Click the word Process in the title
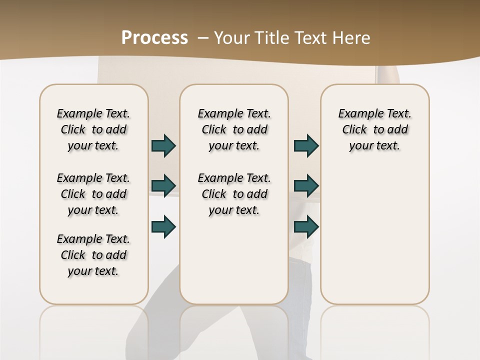click(154, 37)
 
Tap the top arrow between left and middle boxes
click(163, 146)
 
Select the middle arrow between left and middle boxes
click(163, 186)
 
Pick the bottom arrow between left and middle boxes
click(163, 226)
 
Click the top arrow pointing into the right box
click(306, 146)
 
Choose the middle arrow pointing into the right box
click(306, 186)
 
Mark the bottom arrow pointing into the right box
click(306, 226)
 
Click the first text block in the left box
click(93, 129)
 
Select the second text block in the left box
click(93, 194)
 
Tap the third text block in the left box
click(93, 255)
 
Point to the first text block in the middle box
click(234, 129)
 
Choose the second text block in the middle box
click(234, 194)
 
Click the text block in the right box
click(374, 129)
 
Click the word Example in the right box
click(356, 114)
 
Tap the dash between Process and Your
click(203, 38)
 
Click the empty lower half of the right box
click(374, 240)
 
